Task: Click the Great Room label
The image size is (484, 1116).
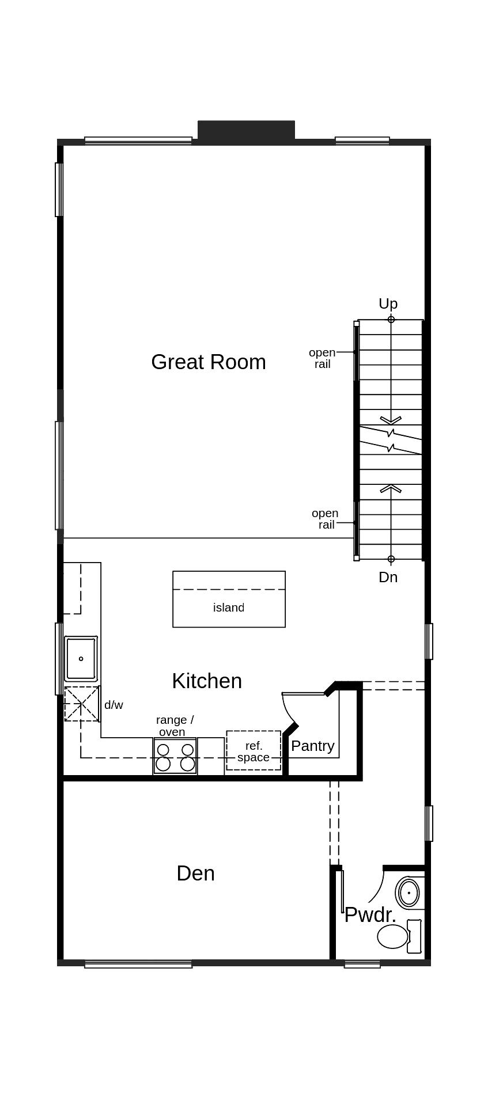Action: pyautogui.click(x=208, y=362)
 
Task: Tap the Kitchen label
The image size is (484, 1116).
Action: pyautogui.click(x=206, y=681)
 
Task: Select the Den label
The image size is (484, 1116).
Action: pyautogui.click(x=195, y=874)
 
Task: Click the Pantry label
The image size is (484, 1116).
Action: pyautogui.click(x=312, y=746)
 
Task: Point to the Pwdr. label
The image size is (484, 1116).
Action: pyautogui.click(x=370, y=914)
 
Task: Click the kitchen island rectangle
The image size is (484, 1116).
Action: pyautogui.click(x=229, y=599)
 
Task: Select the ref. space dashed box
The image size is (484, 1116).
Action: pyautogui.click(x=254, y=751)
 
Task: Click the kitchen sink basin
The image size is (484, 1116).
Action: pyautogui.click(x=81, y=659)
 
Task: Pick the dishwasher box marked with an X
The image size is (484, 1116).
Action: pyautogui.click(x=81, y=704)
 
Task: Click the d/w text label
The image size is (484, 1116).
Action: pyautogui.click(x=114, y=705)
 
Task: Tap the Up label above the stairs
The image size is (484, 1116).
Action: pyautogui.click(x=388, y=303)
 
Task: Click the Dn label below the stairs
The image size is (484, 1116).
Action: pyautogui.click(x=388, y=577)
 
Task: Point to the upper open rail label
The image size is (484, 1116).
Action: pyautogui.click(x=322, y=358)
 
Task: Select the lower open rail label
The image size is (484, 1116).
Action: pyautogui.click(x=326, y=519)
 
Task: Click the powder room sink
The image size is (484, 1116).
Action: pyautogui.click(x=409, y=893)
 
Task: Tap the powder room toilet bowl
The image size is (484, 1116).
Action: pyautogui.click(x=392, y=937)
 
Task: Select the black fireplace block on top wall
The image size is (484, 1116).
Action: pyautogui.click(x=246, y=130)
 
